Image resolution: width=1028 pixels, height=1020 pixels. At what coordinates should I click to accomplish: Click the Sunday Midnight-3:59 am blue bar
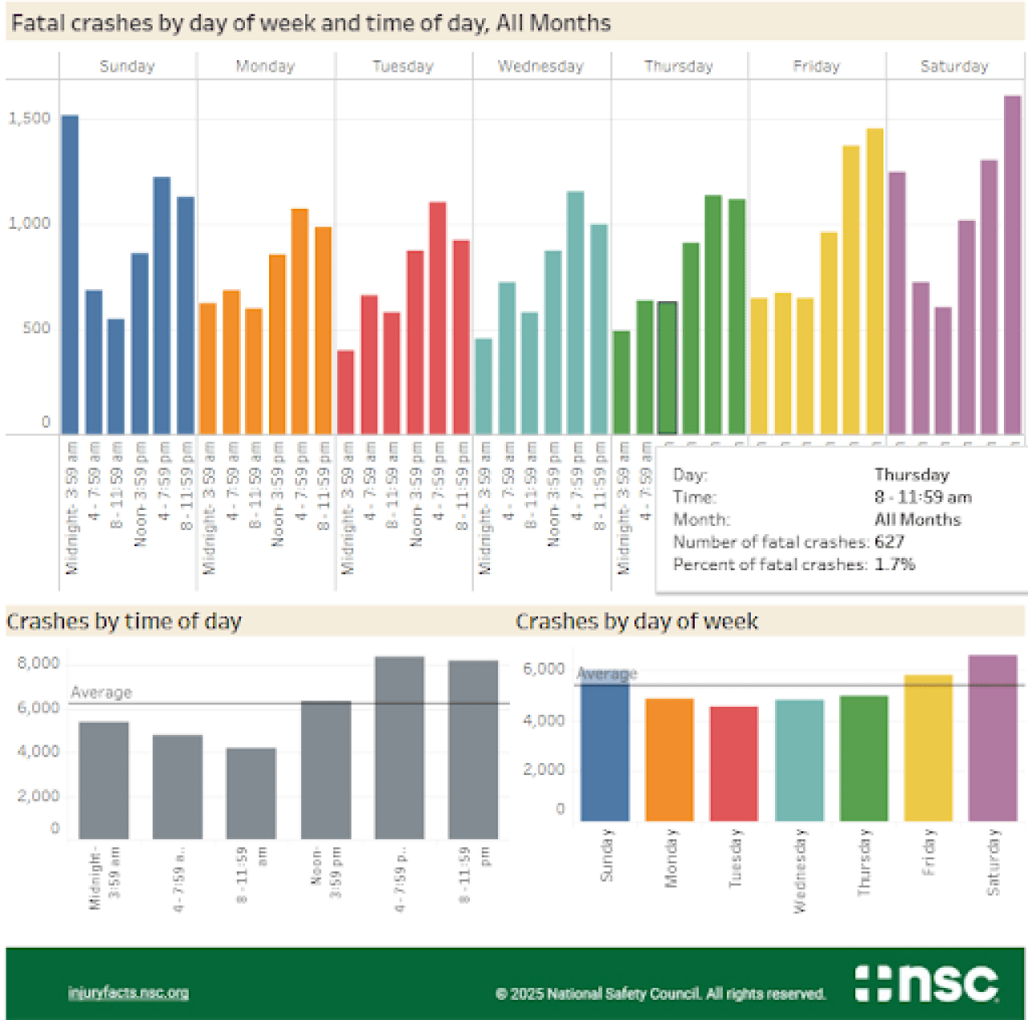(71, 273)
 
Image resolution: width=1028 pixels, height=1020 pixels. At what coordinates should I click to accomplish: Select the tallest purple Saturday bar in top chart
(1013, 265)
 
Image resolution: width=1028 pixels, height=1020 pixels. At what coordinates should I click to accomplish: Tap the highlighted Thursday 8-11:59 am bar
(667, 368)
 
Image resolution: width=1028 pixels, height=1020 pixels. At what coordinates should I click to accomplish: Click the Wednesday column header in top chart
(541, 67)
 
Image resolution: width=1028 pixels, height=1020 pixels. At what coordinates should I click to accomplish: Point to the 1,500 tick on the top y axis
(30, 118)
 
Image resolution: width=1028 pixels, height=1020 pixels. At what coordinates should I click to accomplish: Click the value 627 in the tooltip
(889, 542)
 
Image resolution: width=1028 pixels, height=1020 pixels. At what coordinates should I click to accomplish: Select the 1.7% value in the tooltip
(895, 565)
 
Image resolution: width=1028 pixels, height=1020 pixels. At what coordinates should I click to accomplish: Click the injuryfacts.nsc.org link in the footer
(128, 993)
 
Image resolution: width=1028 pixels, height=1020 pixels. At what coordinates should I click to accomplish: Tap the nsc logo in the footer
(927, 983)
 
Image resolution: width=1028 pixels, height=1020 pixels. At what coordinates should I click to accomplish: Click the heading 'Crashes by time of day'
(124, 622)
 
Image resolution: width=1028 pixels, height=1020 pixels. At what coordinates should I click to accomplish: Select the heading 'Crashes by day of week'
(637, 622)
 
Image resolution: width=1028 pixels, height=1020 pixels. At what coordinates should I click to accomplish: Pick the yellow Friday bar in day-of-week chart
(928, 749)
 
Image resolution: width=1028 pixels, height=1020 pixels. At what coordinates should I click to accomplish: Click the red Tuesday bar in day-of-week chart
(734, 764)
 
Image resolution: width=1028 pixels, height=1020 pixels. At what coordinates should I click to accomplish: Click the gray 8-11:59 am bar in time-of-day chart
(251, 794)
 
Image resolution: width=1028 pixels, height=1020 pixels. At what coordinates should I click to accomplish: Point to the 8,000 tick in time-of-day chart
(39, 663)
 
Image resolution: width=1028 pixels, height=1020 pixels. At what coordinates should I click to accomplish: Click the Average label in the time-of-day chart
(101, 692)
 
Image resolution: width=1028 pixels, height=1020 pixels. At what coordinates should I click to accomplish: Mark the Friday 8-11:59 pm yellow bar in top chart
(875, 281)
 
